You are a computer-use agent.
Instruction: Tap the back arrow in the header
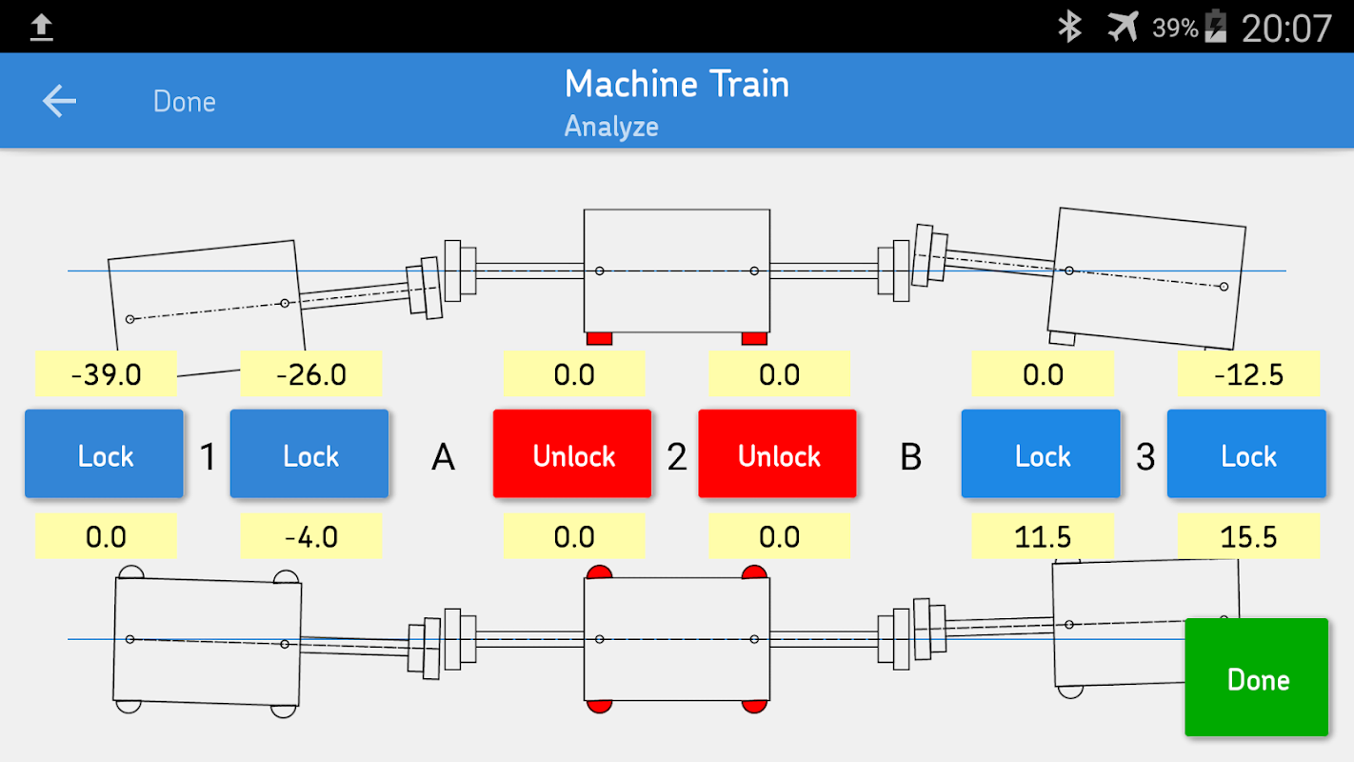[59, 100]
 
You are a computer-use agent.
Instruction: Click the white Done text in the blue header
[185, 101]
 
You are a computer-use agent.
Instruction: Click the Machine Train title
[676, 84]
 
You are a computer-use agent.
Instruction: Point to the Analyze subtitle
[611, 127]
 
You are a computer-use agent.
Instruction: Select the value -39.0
[106, 374]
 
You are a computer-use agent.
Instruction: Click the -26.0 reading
[311, 374]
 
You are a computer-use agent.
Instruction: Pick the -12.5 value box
[1248, 374]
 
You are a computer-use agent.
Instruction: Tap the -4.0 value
[311, 536]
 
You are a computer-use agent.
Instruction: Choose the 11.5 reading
[1043, 536]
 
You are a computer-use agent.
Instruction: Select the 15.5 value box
[1248, 536]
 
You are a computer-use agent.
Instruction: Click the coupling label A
[443, 456]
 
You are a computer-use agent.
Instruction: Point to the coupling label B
[911, 456]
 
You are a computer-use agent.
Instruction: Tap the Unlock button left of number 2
[572, 454]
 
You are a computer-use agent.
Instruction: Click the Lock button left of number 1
[104, 454]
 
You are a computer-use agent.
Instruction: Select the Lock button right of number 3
[1246, 454]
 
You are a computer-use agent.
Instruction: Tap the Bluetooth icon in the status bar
[1070, 27]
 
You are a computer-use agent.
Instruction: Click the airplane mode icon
[1123, 27]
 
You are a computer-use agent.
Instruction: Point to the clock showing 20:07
[1286, 28]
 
